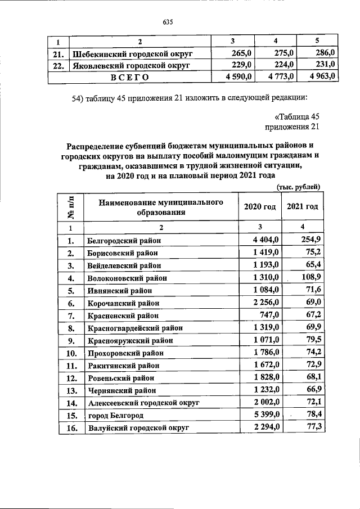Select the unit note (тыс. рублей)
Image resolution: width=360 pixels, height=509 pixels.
tap(299, 187)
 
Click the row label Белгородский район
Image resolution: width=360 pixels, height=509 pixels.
tap(124, 241)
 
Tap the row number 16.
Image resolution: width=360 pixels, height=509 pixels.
tap(71, 428)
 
